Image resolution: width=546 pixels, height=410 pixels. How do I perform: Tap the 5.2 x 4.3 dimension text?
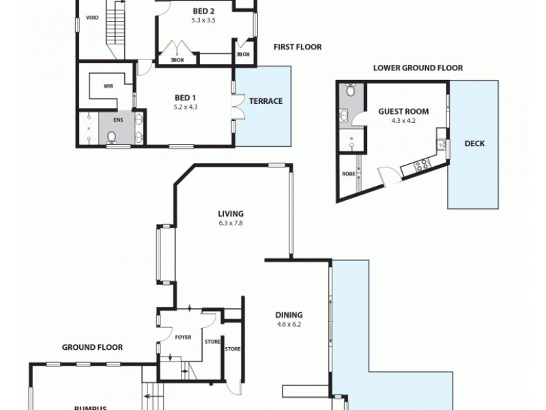(x=186, y=107)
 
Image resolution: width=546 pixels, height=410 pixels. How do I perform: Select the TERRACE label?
(x=265, y=101)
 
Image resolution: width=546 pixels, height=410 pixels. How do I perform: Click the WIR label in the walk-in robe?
(x=108, y=87)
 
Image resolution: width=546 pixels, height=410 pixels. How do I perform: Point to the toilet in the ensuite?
(x=112, y=137)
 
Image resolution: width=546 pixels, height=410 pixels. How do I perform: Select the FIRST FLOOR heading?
(x=297, y=47)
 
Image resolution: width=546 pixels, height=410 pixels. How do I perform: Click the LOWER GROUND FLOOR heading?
(x=418, y=68)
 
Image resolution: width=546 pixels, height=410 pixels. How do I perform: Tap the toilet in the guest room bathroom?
(x=349, y=90)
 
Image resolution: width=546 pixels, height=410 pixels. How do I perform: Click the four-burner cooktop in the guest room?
(x=422, y=164)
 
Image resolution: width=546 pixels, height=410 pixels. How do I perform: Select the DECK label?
(x=474, y=143)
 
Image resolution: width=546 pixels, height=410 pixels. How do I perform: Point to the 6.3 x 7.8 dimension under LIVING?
(x=231, y=223)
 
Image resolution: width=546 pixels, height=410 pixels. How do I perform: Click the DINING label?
(x=288, y=315)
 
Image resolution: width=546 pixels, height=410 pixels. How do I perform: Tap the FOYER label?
(x=183, y=337)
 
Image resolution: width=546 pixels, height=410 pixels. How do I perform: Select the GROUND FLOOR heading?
(x=93, y=347)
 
